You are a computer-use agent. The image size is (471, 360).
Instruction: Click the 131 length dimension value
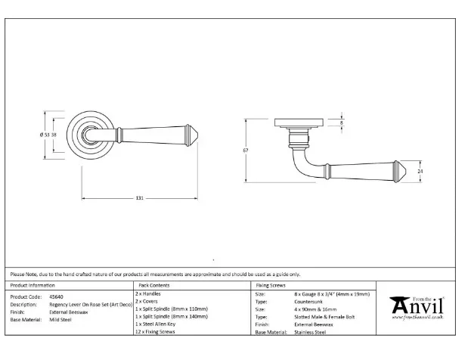click(140, 198)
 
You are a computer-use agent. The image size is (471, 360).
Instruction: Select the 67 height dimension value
click(246, 151)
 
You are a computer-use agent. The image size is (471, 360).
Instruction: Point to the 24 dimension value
click(420, 171)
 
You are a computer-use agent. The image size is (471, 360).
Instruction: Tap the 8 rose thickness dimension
click(342, 122)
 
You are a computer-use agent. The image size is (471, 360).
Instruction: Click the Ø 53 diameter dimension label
click(48, 135)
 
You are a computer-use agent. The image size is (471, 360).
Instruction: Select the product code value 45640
click(68, 297)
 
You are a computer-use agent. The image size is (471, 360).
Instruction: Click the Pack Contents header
click(153, 285)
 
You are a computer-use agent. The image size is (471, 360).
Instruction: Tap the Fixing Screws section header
click(271, 285)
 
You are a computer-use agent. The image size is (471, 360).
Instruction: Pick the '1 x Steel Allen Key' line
click(161, 324)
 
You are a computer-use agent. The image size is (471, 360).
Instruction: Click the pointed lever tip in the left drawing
click(196, 136)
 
